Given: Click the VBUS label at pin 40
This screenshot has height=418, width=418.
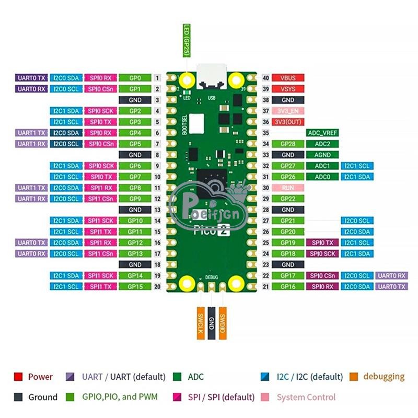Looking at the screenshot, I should pyautogui.click(x=288, y=78).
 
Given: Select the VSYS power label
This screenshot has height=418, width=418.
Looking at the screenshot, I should pyautogui.click(x=288, y=89).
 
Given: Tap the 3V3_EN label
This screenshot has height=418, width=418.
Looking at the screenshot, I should pyautogui.click(x=288, y=111).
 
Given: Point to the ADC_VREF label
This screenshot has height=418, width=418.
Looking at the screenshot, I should pyautogui.click(x=322, y=133).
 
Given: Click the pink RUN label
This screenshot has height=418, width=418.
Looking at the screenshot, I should pyautogui.click(x=288, y=188).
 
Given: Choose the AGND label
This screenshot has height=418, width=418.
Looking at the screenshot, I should pyautogui.click(x=322, y=155).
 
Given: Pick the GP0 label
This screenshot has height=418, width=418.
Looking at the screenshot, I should pyautogui.click(x=135, y=78).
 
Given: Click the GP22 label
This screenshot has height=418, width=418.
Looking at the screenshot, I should pyautogui.click(x=288, y=199).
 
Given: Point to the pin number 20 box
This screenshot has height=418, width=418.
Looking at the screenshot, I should pyautogui.click(x=157, y=286).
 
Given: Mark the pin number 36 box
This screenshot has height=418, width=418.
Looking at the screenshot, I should pyautogui.click(x=265, y=122).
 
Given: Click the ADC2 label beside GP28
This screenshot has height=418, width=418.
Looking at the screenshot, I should pyautogui.click(x=322, y=144).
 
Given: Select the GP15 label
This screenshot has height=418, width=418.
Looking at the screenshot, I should pyautogui.click(x=135, y=286).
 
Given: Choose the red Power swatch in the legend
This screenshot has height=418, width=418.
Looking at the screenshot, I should pyautogui.click(x=18, y=377).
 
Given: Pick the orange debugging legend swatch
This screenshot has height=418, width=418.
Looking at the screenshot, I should pyautogui.click(x=354, y=377).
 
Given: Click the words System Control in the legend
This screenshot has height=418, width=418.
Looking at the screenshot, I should pyautogui.click(x=306, y=397).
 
